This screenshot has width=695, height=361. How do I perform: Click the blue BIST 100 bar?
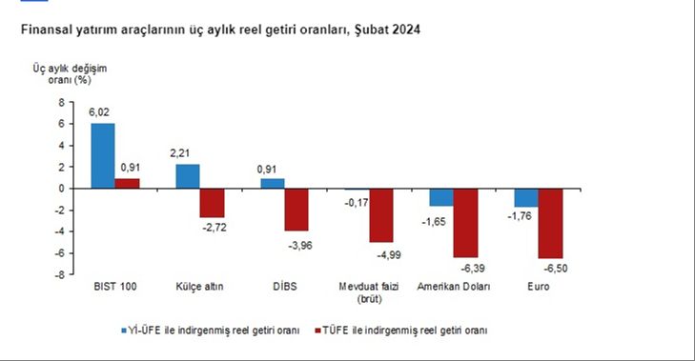[x=103, y=156]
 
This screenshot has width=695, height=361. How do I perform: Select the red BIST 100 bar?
[x=127, y=183]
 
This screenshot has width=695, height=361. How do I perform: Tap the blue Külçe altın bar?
[x=188, y=176]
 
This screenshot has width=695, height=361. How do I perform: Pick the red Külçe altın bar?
[x=212, y=203]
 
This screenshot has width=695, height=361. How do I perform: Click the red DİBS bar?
[x=296, y=210]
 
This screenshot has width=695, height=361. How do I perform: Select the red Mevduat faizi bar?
[x=381, y=215]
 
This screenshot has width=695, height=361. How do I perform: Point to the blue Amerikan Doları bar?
[x=441, y=197]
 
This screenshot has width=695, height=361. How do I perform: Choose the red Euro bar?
[x=550, y=223]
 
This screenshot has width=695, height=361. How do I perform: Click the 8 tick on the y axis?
[x=62, y=102]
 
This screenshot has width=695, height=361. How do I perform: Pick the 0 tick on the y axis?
[x=62, y=189]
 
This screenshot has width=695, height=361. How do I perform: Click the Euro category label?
[x=538, y=287]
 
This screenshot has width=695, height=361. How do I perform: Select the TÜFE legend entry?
[x=400, y=330]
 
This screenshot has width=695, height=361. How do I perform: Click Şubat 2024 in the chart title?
[x=387, y=30]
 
